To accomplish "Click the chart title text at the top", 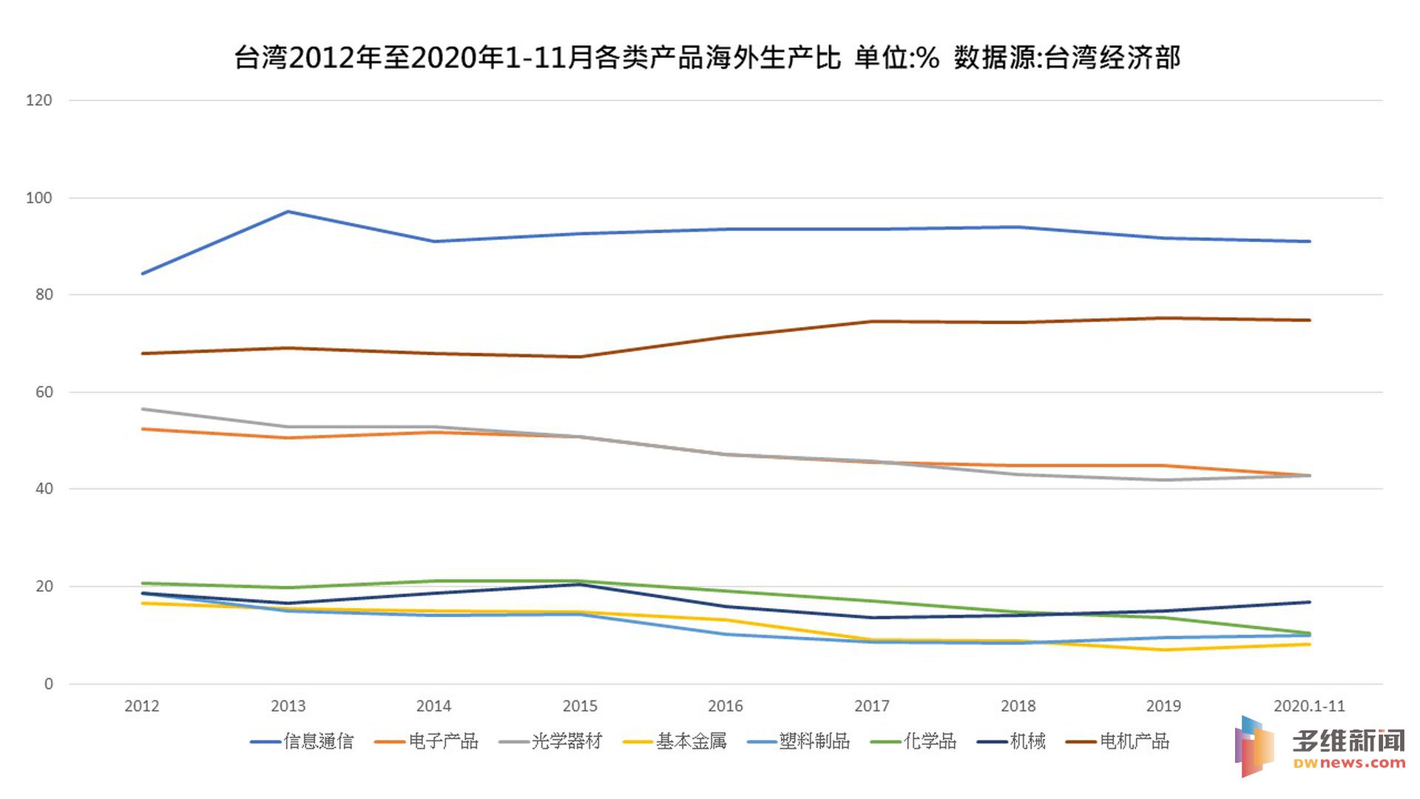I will (707, 58).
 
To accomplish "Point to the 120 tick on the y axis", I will (39, 101).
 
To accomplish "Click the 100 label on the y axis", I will (39, 198).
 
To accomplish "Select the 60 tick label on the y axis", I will (44, 392).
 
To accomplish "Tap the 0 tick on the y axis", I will (49, 684).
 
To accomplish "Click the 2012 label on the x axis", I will (142, 707).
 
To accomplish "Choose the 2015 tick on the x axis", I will (580, 707).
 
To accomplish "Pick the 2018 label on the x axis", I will (1018, 707).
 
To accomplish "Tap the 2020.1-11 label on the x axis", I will (1309, 707).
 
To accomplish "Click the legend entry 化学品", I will (930, 741).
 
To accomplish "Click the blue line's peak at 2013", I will (288, 212).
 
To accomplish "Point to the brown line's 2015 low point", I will (580, 357).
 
